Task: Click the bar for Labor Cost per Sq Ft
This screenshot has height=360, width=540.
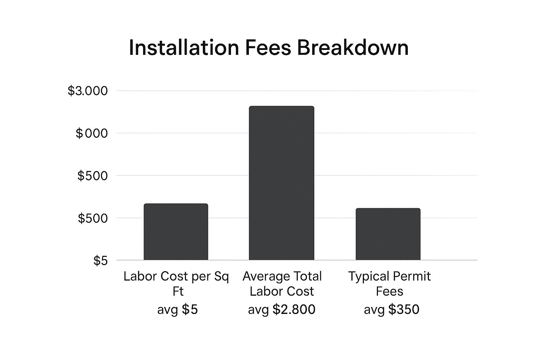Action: (176, 232)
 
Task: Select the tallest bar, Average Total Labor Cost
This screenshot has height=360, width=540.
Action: (281, 183)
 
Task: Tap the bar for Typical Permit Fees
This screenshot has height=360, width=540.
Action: (388, 234)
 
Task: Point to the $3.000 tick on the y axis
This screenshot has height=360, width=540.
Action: (88, 91)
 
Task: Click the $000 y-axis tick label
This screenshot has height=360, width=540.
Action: (91, 134)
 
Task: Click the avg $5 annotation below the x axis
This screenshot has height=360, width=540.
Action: (177, 309)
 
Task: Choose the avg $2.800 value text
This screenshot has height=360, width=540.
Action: (281, 309)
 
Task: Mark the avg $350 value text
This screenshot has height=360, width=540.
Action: (391, 309)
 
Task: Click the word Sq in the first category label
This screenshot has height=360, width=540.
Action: (221, 277)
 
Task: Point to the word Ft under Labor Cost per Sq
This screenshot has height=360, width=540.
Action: (178, 291)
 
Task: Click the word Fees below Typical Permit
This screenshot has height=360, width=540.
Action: (389, 291)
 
